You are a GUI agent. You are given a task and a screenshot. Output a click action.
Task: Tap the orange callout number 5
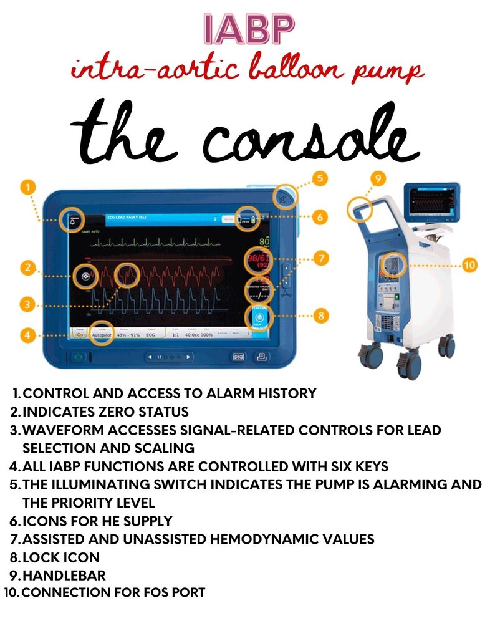pos(320,178)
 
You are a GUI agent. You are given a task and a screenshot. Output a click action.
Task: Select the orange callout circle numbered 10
pos(469,265)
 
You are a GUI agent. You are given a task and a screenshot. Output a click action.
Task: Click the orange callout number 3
pos(26,304)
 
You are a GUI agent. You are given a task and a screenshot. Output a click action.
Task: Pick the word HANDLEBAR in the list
pos(64,575)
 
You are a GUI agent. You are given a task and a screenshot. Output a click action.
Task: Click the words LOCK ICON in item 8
pos(61,557)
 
